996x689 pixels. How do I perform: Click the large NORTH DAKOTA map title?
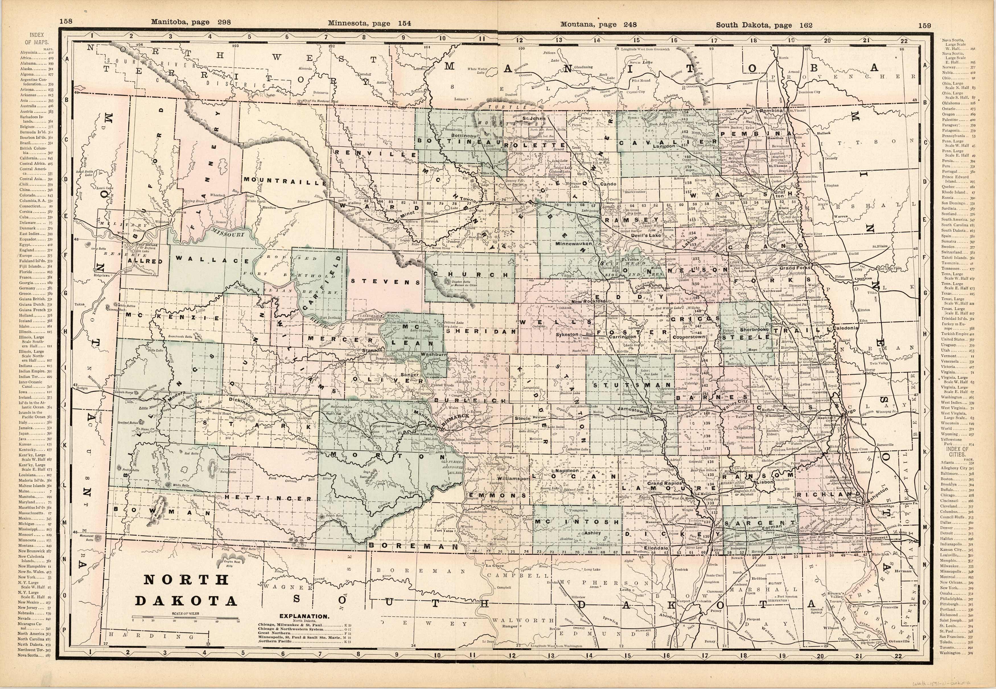[186, 590]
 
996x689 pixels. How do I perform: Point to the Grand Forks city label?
[795, 268]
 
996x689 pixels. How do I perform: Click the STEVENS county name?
[385, 282]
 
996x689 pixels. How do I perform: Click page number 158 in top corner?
[66, 22]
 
